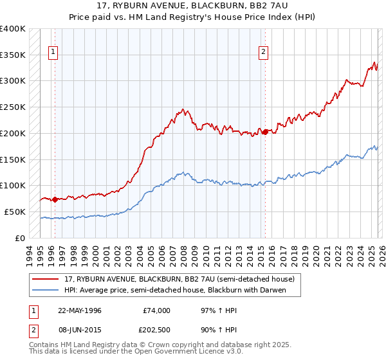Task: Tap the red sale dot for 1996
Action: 55,199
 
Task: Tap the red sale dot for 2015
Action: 264,132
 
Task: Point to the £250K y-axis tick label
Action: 13,107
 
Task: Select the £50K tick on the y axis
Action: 15,212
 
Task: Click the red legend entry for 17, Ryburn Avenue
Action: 179,279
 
